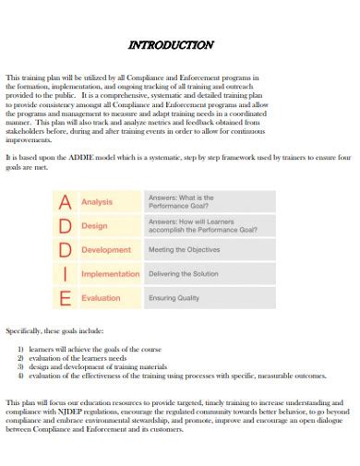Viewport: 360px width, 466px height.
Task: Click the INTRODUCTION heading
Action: coord(171,44)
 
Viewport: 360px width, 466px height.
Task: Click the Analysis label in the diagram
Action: coord(97,201)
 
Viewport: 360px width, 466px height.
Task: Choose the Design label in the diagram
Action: coord(94,225)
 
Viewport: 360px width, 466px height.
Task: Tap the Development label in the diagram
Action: coord(106,249)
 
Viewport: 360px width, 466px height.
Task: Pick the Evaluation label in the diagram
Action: coord(102,298)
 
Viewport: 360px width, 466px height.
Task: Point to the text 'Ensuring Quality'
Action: coord(176,298)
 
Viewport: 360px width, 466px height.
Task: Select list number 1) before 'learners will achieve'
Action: coord(21,351)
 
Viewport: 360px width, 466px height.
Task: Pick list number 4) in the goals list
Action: coord(21,376)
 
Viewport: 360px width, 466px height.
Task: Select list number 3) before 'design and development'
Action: coord(21,367)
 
